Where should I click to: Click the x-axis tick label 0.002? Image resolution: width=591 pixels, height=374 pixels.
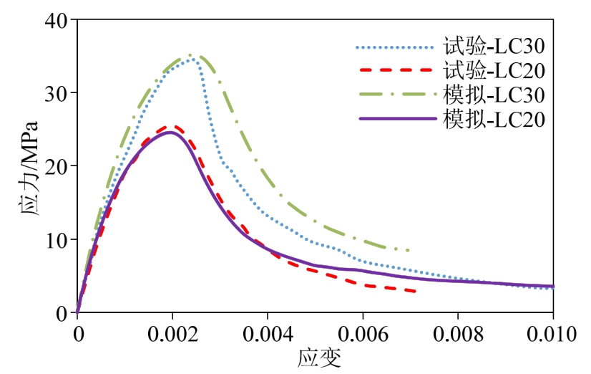coord(172,333)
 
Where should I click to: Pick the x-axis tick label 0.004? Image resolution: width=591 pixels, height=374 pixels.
coord(268,333)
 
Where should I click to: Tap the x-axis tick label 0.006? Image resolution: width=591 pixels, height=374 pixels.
coord(363,333)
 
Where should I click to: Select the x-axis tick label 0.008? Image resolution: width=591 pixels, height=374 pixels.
coord(458,333)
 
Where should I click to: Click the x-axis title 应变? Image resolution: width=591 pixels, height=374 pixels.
coord(315,358)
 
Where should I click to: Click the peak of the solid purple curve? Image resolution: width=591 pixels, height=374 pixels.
coord(170,132)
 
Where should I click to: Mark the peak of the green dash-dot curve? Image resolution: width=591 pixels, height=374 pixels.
coord(190,55)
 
